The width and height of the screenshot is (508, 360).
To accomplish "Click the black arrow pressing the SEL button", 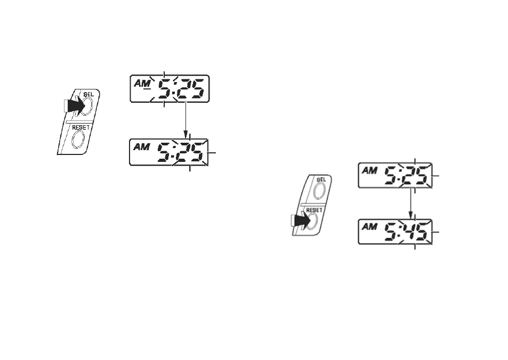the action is point(75,105).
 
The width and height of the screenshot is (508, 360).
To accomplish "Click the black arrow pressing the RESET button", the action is point(301,221).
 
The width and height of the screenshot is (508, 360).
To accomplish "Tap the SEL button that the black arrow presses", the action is point(87,106).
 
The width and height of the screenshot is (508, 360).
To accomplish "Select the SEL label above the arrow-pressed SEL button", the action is point(88,94).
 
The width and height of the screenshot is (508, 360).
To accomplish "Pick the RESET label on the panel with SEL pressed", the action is point(80,128).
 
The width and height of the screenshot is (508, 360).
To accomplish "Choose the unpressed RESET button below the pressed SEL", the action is point(78,140).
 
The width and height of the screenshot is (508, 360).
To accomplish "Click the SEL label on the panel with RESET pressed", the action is point(321,179).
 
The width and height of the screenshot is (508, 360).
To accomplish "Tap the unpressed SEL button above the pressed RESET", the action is point(319,191).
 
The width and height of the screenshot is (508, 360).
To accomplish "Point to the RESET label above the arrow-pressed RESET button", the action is point(315,210).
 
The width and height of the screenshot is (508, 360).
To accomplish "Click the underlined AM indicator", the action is point(142,84).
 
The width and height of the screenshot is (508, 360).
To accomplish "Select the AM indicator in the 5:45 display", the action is point(369,227).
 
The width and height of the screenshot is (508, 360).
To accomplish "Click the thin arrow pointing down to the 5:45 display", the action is point(411,203).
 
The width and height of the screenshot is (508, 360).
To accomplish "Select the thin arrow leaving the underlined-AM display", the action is point(186,120).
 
